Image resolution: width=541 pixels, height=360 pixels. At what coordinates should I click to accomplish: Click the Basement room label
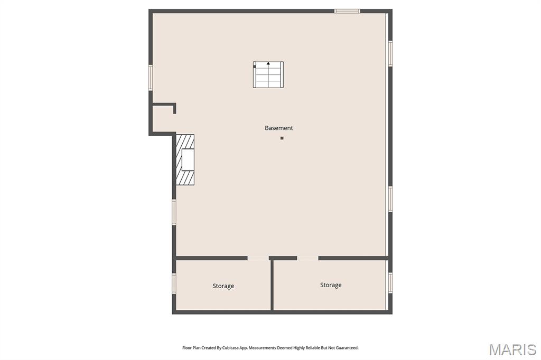pyautogui.click(x=279, y=128)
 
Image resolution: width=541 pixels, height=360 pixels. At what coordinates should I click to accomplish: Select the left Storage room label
pyautogui.click(x=223, y=286)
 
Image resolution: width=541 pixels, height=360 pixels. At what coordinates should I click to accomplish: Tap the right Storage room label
pyautogui.click(x=331, y=285)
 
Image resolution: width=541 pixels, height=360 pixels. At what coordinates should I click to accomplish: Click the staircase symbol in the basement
pyautogui.click(x=268, y=74)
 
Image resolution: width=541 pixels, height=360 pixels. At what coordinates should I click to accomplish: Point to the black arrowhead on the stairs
pyautogui.click(x=268, y=63)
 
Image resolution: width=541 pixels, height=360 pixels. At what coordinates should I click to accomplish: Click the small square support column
pyautogui.click(x=282, y=138)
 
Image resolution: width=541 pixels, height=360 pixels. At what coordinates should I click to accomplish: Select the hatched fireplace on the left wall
pyautogui.click(x=185, y=159)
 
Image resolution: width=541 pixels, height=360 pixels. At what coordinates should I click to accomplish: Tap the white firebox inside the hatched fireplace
pyautogui.click(x=188, y=159)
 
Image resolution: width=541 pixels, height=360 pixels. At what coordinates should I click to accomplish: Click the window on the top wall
pyautogui.click(x=347, y=11)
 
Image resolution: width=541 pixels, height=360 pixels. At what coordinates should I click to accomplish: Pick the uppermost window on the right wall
pyautogui.click(x=390, y=53)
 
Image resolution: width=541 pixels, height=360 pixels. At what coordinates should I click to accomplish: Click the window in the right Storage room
pyautogui.click(x=390, y=283)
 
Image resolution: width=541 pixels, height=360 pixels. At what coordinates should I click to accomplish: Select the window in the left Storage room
pyautogui.click(x=174, y=283)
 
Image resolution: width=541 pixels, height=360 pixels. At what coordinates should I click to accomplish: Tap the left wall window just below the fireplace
pyautogui.click(x=174, y=212)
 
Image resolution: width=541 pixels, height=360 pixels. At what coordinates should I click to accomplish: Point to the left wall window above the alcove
pyautogui.click(x=151, y=78)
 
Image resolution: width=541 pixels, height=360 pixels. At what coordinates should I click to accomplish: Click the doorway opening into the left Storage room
pyautogui.click(x=258, y=258)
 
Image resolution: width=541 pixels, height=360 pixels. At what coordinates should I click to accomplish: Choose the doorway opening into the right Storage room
pyautogui.click(x=308, y=258)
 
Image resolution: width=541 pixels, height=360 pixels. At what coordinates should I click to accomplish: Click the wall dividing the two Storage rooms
pyautogui.click(x=272, y=285)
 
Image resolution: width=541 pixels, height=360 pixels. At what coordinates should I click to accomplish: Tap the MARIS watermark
pyautogui.click(x=512, y=349)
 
